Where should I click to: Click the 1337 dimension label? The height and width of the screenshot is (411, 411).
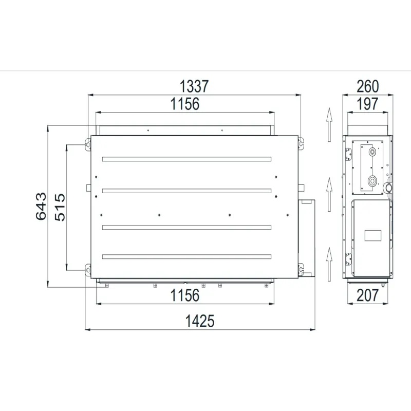click(194, 86)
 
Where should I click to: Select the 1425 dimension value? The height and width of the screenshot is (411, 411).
click(200, 321)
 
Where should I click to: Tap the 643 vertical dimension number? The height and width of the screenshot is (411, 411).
click(41, 207)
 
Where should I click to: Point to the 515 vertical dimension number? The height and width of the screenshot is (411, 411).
click(60, 207)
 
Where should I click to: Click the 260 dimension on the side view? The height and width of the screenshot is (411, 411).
click(368, 86)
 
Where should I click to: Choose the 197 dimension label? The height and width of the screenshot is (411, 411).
click(367, 104)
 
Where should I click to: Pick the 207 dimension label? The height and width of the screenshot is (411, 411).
click(368, 295)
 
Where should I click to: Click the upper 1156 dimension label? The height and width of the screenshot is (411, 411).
click(185, 104)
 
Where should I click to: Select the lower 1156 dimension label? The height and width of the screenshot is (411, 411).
click(185, 295)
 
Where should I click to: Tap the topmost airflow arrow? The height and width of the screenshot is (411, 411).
click(329, 124)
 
